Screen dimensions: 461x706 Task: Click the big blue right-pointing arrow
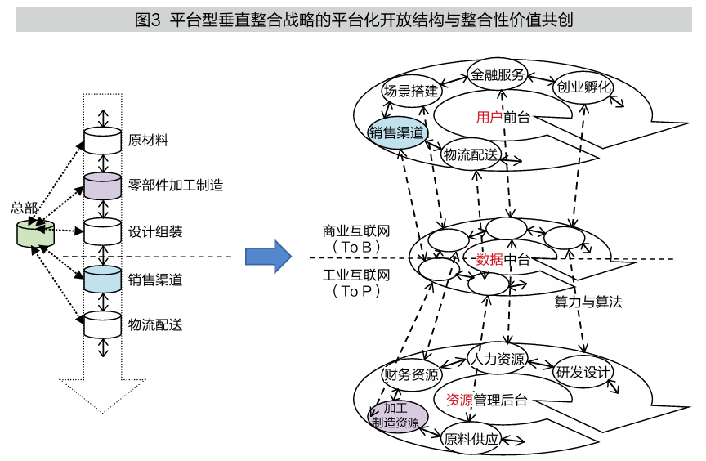269,257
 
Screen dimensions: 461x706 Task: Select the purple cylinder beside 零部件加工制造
102,186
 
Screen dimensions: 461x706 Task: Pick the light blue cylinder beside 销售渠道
102,280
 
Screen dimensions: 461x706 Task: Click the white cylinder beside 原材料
102,140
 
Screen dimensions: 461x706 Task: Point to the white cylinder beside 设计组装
102,232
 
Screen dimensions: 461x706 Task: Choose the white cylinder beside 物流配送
102,324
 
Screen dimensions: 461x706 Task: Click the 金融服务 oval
498,74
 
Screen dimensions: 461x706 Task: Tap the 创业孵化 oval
584,87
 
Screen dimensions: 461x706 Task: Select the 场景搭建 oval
411,91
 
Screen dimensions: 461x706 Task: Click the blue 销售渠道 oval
398,132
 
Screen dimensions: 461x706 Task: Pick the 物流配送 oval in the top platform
471,154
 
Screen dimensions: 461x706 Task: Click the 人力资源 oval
498,358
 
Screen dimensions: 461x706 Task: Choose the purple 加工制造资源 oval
396,415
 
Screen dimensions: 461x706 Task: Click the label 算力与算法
588,302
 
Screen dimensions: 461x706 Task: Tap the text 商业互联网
356,231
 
